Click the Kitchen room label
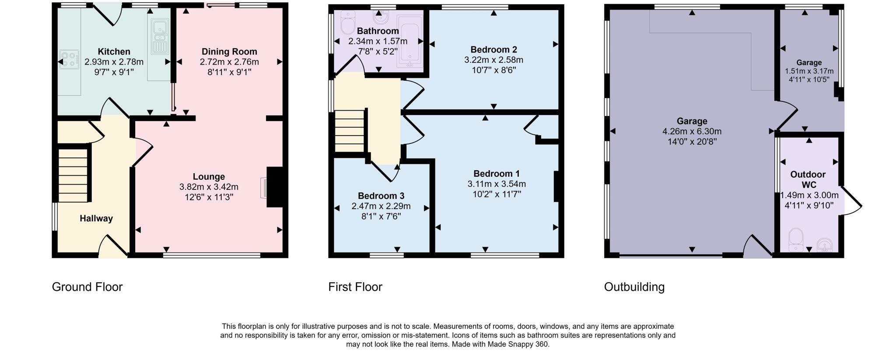point(114,52)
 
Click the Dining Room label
point(229,52)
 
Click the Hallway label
point(96,218)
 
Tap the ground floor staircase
point(73,175)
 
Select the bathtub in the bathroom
point(409,42)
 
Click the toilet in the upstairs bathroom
point(348,24)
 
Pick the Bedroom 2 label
point(493,49)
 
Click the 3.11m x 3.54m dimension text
point(497,184)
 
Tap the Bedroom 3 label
point(381,196)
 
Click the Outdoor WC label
point(808,179)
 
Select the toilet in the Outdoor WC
point(795,241)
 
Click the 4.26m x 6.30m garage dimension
point(692,131)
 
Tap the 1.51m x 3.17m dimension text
point(809,71)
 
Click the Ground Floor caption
point(87,287)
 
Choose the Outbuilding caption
point(634,287)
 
